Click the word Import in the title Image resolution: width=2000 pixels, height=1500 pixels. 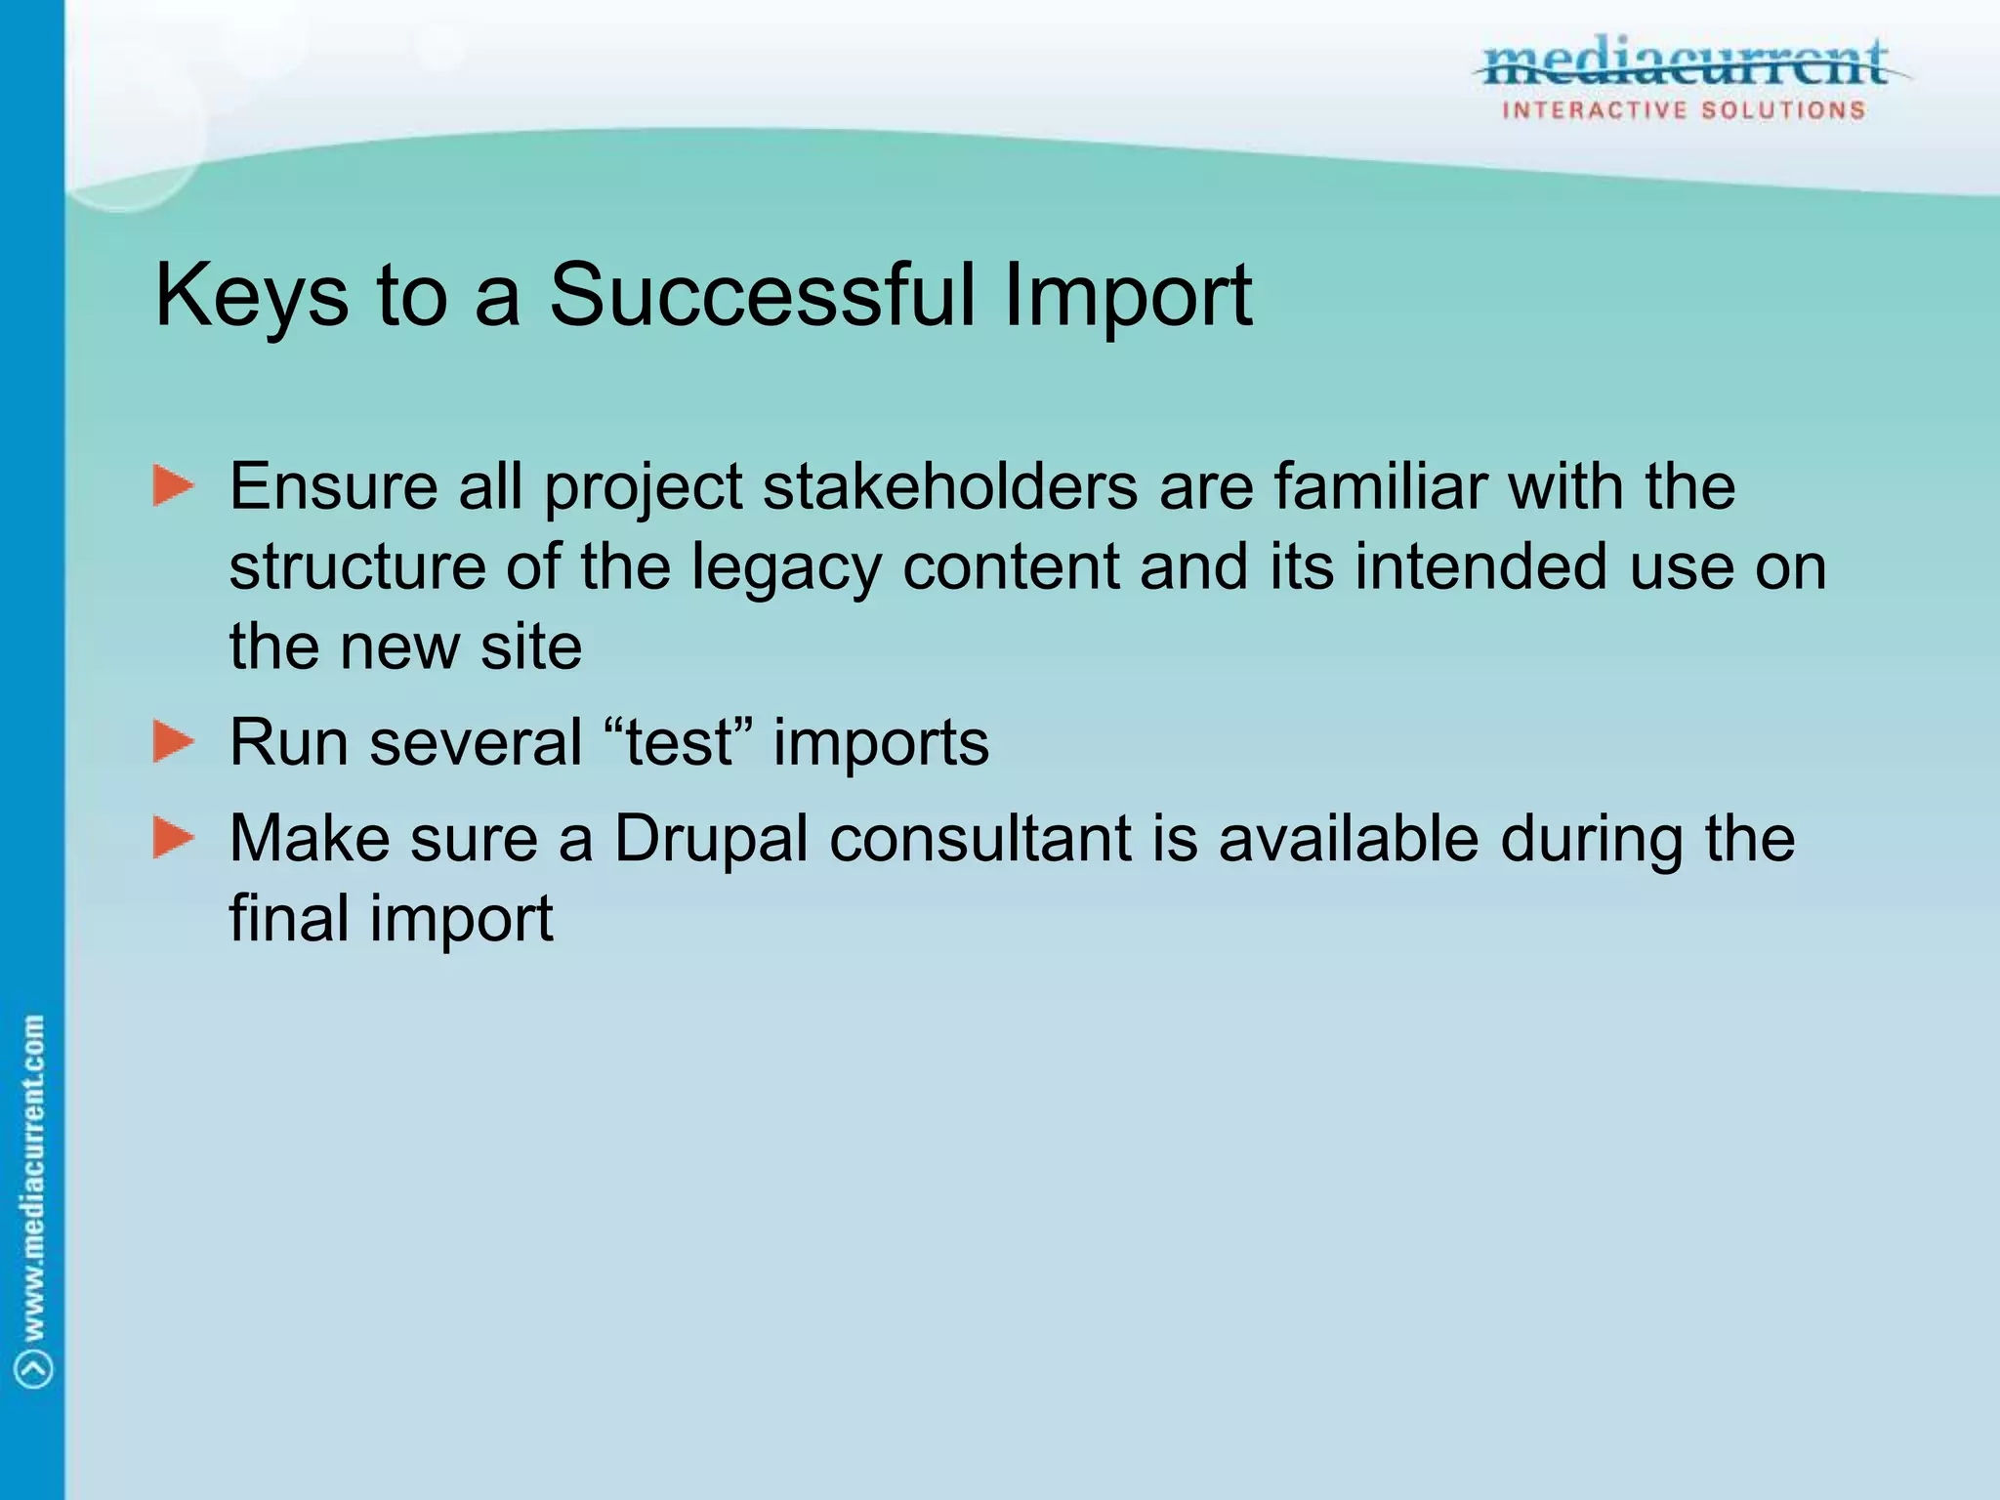click(1127, 298)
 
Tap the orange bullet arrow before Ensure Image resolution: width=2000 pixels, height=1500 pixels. click(174, 485)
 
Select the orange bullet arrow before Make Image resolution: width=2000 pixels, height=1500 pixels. click(174, 838)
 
